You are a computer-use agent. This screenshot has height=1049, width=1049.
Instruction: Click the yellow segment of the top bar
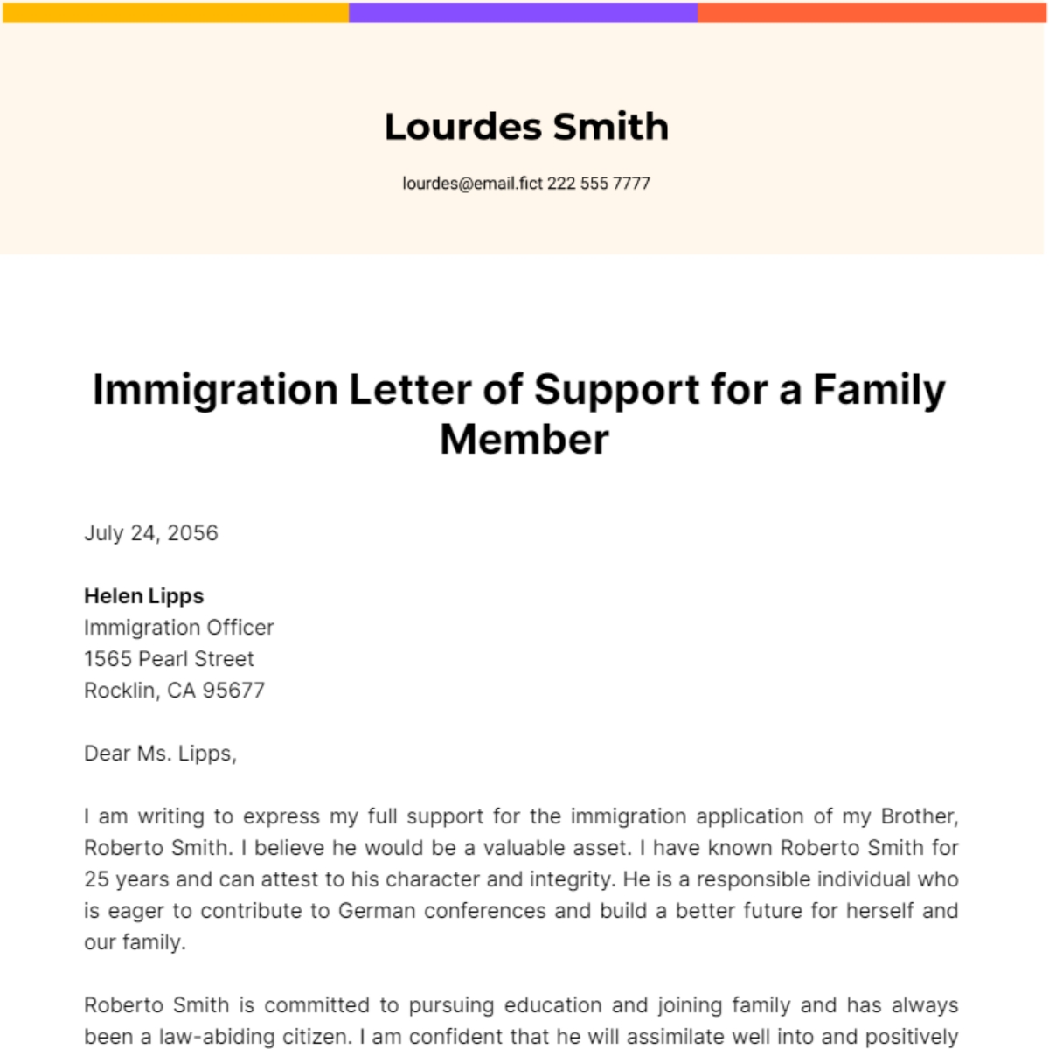pyautogui.click(x=175, y=12)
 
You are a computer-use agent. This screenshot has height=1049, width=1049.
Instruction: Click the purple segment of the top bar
pyautogui.click(x=523, y=12)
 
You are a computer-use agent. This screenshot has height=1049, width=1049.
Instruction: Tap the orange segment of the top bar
pyautogui.click(x=872, y=12)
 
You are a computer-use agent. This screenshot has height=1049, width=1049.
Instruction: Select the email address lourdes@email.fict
pyautogui.click(x=472, y=184)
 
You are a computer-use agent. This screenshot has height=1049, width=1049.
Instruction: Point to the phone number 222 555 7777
pyautogui.click(x=599, y=184)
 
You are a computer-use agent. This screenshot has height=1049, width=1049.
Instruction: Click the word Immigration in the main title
pyautogui.click(x=215, y=390)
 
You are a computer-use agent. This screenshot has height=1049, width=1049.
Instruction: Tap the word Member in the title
pyautogui.click(x=524, y=439)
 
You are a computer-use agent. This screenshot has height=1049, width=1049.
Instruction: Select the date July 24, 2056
pyautogui.click(x=151, y=533)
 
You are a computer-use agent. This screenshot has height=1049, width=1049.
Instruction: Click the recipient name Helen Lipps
pyautogui.click(x=144, y=596)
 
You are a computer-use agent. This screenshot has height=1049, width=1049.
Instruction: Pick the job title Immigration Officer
pyautogui.click(x=179, y=628)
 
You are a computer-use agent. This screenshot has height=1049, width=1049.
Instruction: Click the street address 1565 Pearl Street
pyautogui.click(x=169, y=659)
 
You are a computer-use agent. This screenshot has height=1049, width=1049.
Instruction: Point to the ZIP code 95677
pyautogui.click(x=233, y=691)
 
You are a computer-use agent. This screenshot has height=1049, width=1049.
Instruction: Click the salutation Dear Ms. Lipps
pyautogui.click(x=160, y=754)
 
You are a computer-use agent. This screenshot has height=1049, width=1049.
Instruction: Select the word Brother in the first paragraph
pyautogui.click(x=919, y=816)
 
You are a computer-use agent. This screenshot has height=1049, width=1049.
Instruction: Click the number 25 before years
pyautogui.click(x=96, y=879)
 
